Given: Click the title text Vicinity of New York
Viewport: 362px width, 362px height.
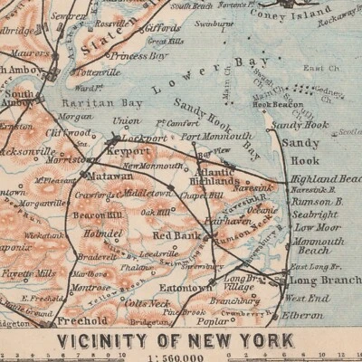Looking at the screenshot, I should [175, 340].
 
